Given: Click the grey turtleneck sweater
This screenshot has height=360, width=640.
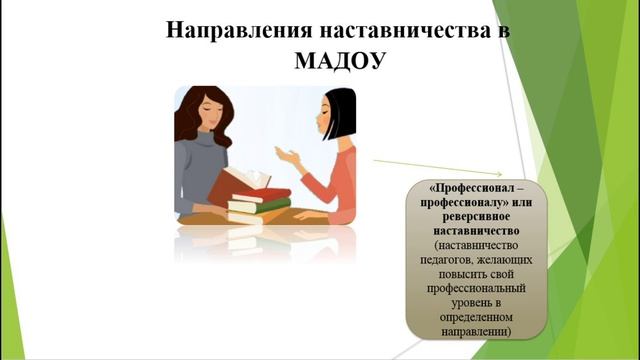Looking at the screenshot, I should click(x=201, y=170).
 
